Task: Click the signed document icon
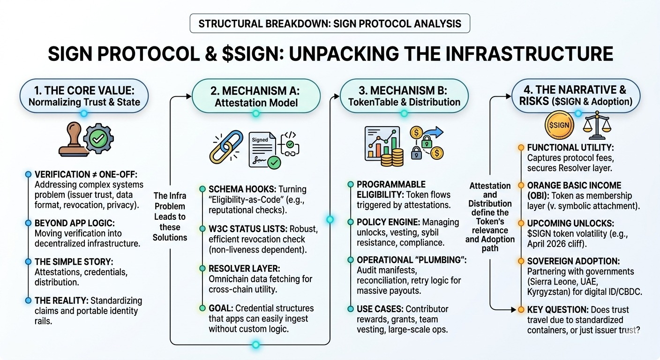tap(262, 149)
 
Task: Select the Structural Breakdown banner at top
tap(330, 24)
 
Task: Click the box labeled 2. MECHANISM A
tap(255, 96)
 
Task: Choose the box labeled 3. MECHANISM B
tap(404, 96)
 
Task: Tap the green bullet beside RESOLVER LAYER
tap(202, 269)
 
